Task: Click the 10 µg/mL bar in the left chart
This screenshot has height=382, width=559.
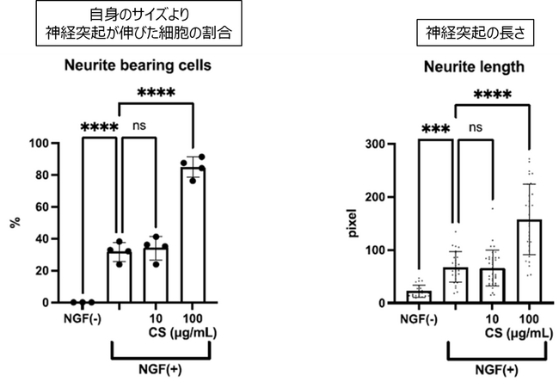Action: (x=157, y=275)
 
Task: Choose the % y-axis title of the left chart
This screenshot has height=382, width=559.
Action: (x=15, y=223)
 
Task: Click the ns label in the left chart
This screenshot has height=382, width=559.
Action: (x=140, y=126)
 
